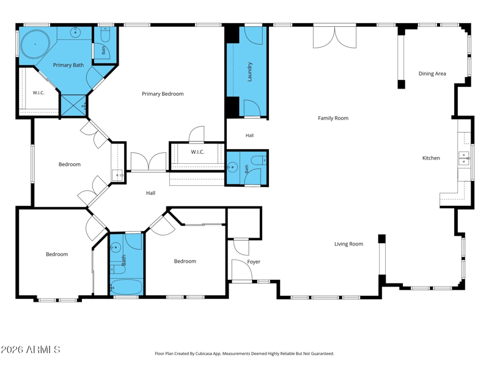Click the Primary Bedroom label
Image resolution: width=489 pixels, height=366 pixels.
(x=163, y=94)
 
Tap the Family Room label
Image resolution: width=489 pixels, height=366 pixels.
(x=333, y=118)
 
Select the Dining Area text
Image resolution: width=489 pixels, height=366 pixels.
(x=432, y=73)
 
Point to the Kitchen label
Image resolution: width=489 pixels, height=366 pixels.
(x=431, y=158)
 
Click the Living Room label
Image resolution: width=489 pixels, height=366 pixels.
(x=348, y=244)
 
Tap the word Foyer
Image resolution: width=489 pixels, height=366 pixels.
(x=254, y=262)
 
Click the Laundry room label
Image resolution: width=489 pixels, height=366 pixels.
(x=249, y=72)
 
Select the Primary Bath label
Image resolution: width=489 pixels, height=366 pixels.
(x=68, y=65)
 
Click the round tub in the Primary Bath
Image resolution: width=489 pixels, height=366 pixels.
(x=35, y=44)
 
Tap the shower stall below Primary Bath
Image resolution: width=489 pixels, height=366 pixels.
(x=74, y=106)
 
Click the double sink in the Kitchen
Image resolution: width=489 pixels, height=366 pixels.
(x=464, y=158)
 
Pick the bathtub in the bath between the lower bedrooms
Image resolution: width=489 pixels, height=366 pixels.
(x=127, y=287)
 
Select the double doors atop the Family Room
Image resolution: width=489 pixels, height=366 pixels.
(x=334, y=37)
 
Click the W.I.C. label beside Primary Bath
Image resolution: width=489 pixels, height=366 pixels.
(x=39, y=93)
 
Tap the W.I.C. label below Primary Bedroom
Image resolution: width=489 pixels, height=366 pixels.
(x=197, y=152)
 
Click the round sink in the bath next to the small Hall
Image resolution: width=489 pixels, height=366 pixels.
(x=232, y=167)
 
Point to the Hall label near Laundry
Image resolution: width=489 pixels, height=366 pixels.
(x=249, y=135)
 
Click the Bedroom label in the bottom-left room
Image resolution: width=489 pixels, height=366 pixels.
(x=57, y=254)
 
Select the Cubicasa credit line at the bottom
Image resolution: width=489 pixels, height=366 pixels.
(x=244, y=354)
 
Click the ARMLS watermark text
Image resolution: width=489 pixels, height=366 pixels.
(x=30, y=350)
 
